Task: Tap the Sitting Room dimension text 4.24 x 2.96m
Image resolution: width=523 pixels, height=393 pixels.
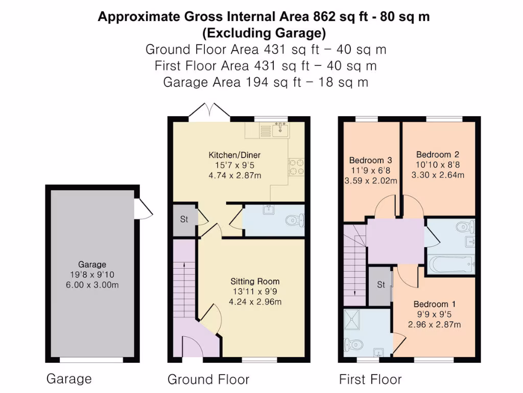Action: [x=255, y=302]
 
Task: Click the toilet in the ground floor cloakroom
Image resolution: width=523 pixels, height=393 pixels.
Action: [x=295, y=221]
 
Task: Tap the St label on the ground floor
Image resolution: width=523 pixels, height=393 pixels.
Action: [x=183, y=220]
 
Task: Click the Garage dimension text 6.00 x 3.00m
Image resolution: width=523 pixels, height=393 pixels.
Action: [x=92, y=285]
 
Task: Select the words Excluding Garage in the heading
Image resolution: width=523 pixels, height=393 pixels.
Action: [x=264, y=34]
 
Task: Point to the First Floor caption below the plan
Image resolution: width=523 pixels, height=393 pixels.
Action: [x=370, y=379]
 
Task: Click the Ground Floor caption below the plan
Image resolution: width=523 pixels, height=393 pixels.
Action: [x=208, y=379]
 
